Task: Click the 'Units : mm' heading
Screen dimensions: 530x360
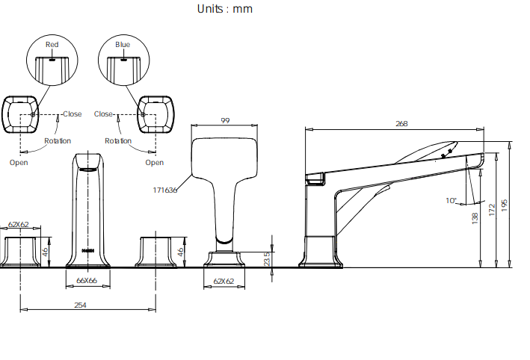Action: (225, 9)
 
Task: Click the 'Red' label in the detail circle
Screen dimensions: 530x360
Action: (52, 45)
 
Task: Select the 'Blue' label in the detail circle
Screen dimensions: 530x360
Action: (123, 45)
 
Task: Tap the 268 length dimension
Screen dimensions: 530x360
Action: (401, 123)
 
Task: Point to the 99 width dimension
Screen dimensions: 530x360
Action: (225, 120)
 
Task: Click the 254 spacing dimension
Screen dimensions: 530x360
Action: (81, 305)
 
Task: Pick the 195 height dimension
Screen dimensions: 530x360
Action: (505, 205)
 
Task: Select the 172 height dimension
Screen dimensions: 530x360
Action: (492, 210)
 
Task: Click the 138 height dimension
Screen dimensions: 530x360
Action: (475, 218)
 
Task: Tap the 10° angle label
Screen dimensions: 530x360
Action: (452, 201)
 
